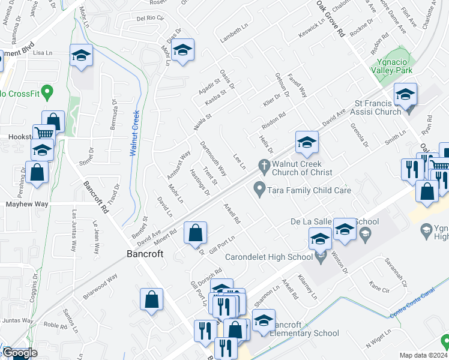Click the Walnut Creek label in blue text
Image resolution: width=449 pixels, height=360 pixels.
(135, 133)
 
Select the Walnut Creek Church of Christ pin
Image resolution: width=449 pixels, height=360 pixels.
(263, 164)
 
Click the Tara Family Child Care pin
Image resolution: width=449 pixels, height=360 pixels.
(259, 190)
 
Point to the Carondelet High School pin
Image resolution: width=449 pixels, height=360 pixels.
(321, 257)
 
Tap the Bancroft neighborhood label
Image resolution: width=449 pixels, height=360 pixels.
(145, 254)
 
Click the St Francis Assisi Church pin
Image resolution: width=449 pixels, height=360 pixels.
(410, 109)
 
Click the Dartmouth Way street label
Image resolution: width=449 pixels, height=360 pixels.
(212, 158)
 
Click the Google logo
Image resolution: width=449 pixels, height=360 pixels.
(19, 353)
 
